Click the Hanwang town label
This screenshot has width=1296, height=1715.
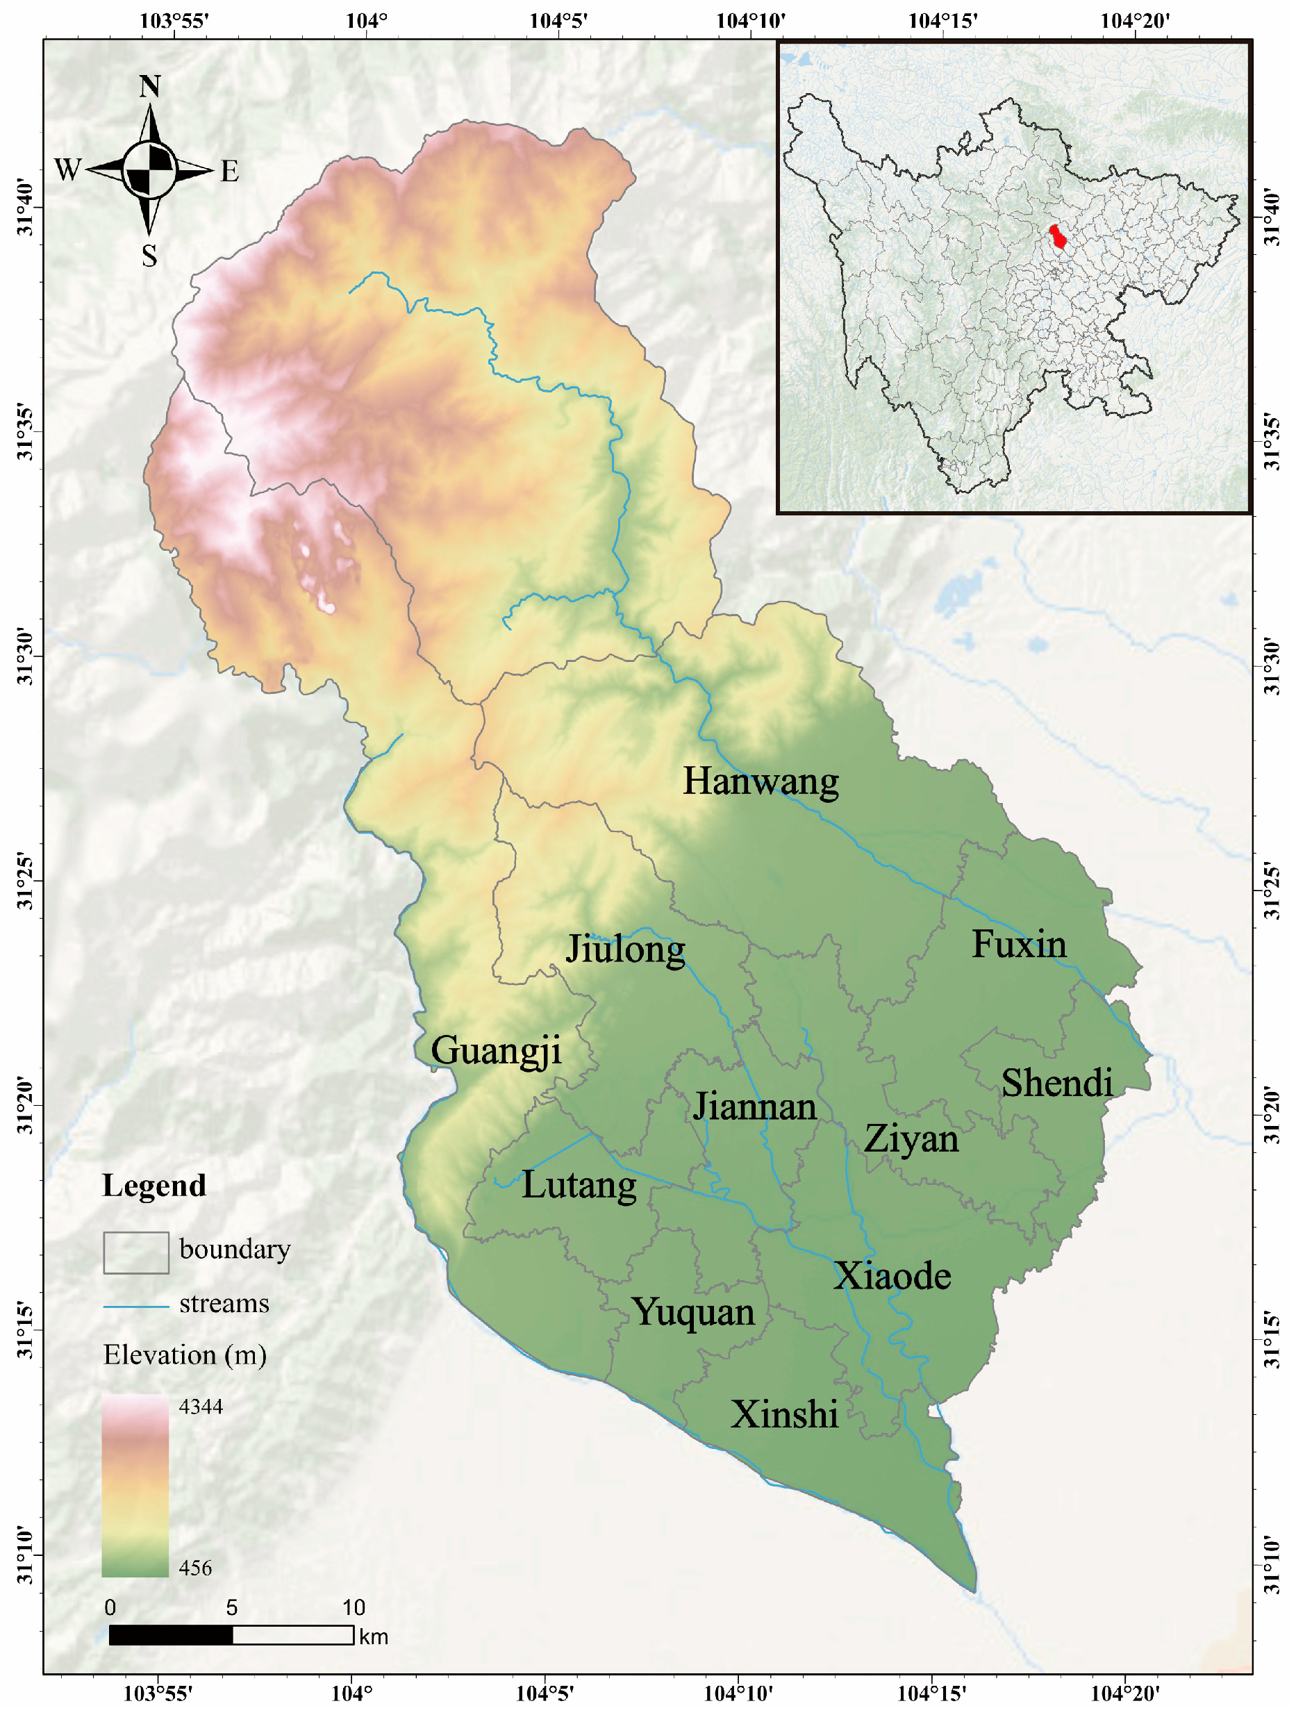[760, 782]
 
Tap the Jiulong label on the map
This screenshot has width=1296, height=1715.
[625, 950]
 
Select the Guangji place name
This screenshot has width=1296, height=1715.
[495, 1052]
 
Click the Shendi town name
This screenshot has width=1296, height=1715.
[1056, 1084]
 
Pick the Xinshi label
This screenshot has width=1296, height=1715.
[783, 1415]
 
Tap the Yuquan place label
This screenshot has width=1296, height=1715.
[693, 1313]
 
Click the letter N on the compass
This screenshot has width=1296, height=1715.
[149, 87]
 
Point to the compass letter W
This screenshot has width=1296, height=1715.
[67, 169]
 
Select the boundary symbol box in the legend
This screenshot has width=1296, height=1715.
[135, 1252]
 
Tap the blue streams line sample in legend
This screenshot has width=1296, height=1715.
[135, 1307]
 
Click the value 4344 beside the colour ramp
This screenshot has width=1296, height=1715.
[201, 1407]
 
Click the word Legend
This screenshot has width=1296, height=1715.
[153, 1186]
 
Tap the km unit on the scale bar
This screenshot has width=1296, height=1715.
[373, 1637]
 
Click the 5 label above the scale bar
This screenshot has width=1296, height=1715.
[231, 1607]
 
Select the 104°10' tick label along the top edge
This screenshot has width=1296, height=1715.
[749, 20]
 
